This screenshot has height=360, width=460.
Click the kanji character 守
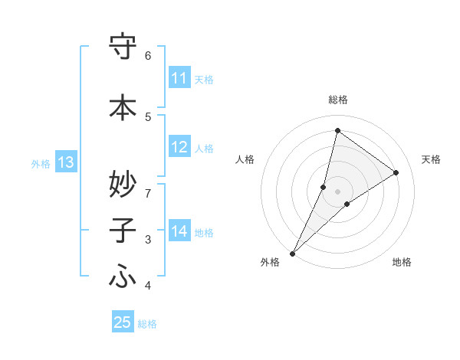pos(123,48)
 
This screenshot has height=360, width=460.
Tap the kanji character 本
pos(123,108)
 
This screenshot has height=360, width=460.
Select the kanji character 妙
pos(123,183)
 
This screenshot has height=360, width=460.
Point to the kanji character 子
pos(123,231)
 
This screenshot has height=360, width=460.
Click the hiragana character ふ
pos(123,278)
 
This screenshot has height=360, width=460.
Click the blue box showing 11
pos(179,78)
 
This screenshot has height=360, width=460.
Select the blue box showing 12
pos(179,147)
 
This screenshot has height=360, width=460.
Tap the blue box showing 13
pos(66,162)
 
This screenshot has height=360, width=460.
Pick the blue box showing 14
pos(179,231)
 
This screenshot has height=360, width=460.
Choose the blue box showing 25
pos(123,322)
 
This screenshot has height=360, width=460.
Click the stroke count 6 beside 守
pos(148,55)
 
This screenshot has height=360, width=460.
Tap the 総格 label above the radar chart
pos(337,100)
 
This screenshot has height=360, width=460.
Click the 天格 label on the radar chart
pos(431,159)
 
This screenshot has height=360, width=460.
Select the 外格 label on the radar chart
pos(270,262)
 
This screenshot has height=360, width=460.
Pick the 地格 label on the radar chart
pos(402,262)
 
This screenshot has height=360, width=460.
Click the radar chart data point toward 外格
pos(292,253)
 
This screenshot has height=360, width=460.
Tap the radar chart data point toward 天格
pos(396,172)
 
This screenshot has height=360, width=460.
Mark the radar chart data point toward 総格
pos(337,130)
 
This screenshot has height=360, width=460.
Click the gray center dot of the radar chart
pos(337,191)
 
